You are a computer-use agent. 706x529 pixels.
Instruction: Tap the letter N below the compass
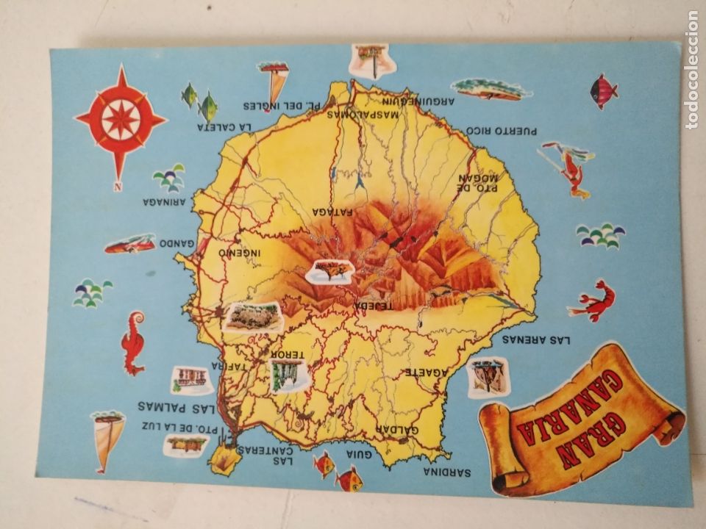coord(117,186)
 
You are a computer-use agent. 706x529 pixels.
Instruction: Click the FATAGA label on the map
coord(332,212)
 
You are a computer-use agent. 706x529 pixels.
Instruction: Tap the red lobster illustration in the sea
coord(594,301)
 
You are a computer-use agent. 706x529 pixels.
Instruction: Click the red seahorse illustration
coord(133,341)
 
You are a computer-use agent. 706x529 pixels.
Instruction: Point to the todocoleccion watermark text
coord(692,69)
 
